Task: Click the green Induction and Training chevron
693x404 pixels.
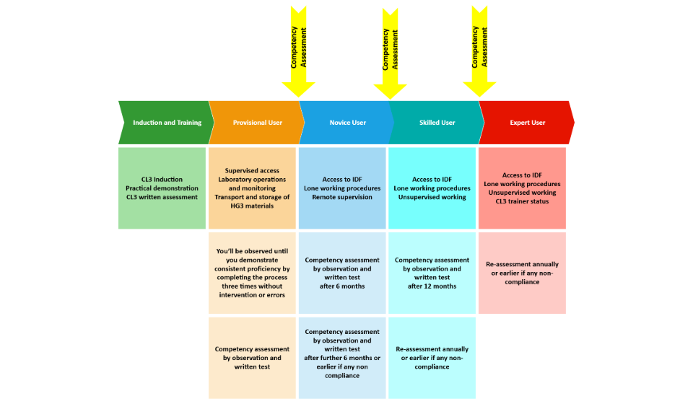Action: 166,123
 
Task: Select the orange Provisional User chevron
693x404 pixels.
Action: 257,123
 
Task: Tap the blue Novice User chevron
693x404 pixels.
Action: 347,123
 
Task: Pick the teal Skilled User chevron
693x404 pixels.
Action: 437,123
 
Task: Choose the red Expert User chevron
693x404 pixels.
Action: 527,123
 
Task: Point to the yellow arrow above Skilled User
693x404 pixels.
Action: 391,53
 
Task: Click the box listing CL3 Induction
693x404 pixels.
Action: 162,188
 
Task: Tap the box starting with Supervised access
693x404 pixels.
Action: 252,188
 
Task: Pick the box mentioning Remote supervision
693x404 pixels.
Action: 342,188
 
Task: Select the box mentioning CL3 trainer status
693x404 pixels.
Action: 522,188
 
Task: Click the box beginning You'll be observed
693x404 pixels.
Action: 252,273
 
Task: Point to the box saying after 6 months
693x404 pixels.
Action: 342,273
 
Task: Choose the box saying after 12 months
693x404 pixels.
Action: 432,273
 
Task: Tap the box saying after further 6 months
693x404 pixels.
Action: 342,358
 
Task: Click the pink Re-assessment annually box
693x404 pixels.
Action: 522,273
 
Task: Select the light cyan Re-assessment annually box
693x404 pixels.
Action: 432,358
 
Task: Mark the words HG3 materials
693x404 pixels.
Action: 252,206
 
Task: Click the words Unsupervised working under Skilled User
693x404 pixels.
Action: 432,197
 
